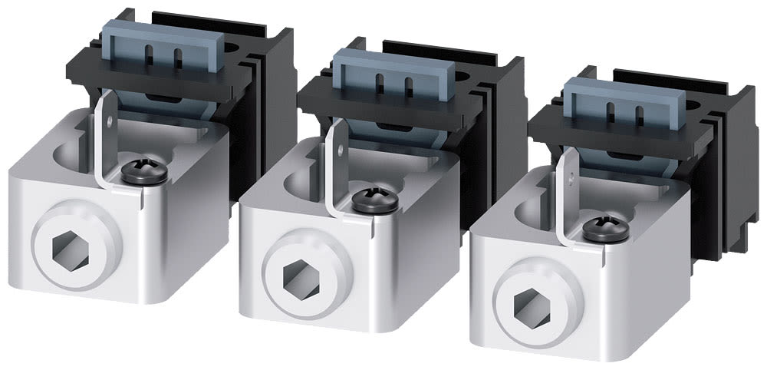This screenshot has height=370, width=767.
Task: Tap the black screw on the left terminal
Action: (144, 173)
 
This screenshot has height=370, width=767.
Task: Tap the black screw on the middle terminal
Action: (375, 200)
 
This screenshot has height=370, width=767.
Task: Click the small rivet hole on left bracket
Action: (109, 121)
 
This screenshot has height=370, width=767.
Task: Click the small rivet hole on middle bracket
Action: (339, 146)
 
